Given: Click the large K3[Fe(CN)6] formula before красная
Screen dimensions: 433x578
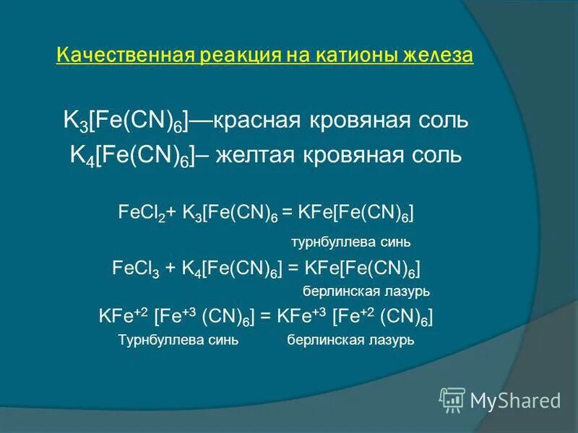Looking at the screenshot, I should tap(126, 122).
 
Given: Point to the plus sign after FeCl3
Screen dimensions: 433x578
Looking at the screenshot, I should tap(171, 268).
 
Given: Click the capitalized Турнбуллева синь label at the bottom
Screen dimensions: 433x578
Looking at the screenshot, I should tap(178, 339).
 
